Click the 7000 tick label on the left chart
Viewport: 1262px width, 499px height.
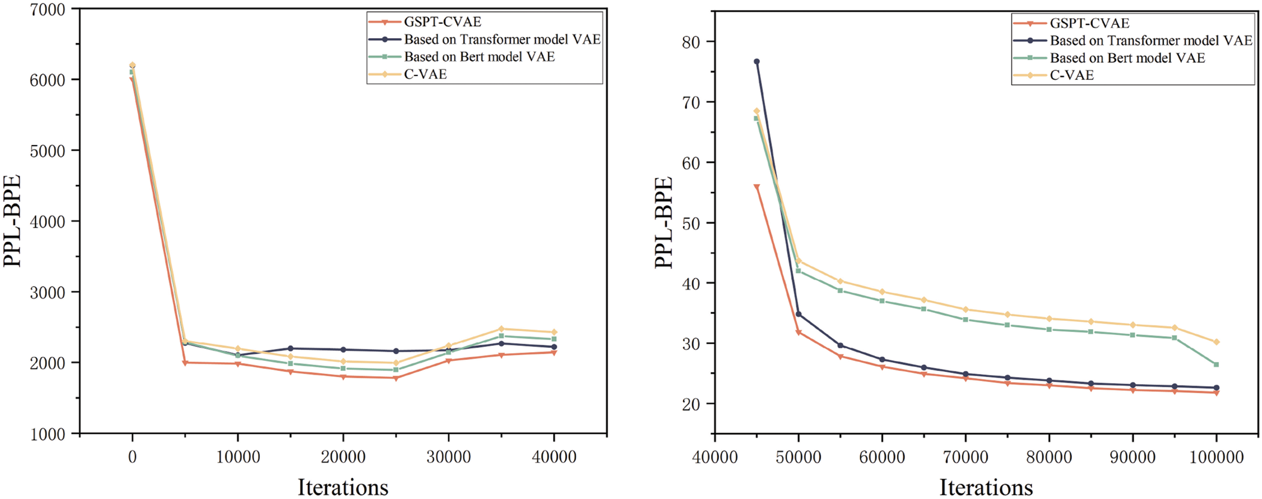click(47, 10)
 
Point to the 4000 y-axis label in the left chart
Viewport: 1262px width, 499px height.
click(47, 222)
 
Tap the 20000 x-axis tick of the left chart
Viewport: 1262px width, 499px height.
click(343, 457)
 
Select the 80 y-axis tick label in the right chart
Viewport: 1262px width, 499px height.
click(691, 43)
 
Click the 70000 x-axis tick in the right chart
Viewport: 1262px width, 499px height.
click(965, 457)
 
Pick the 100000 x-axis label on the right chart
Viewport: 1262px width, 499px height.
click(1216, 457)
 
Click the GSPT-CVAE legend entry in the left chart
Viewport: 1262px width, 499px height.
click(442, 22)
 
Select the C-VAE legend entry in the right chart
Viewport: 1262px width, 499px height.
click(1072, 75)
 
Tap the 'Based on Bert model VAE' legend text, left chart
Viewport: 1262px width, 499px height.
click(479, 57)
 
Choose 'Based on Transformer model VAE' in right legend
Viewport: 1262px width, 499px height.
click(1151, 41)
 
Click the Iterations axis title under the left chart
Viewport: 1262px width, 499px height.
click(343, 487)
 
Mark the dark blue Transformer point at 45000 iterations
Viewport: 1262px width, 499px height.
click(756, 62)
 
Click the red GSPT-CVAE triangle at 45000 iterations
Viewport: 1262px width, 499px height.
click(756, 187)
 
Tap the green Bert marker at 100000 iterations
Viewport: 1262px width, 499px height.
click(1216, 364)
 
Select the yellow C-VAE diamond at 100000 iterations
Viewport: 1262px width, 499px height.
click(1216, 342)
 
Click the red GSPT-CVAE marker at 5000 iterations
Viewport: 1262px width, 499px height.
click(185, 363)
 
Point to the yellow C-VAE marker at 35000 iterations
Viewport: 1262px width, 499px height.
click(501, 329)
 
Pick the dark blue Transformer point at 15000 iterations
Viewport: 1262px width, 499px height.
click(290, 348)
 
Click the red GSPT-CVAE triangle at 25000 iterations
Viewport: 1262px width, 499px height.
click(396, 378)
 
